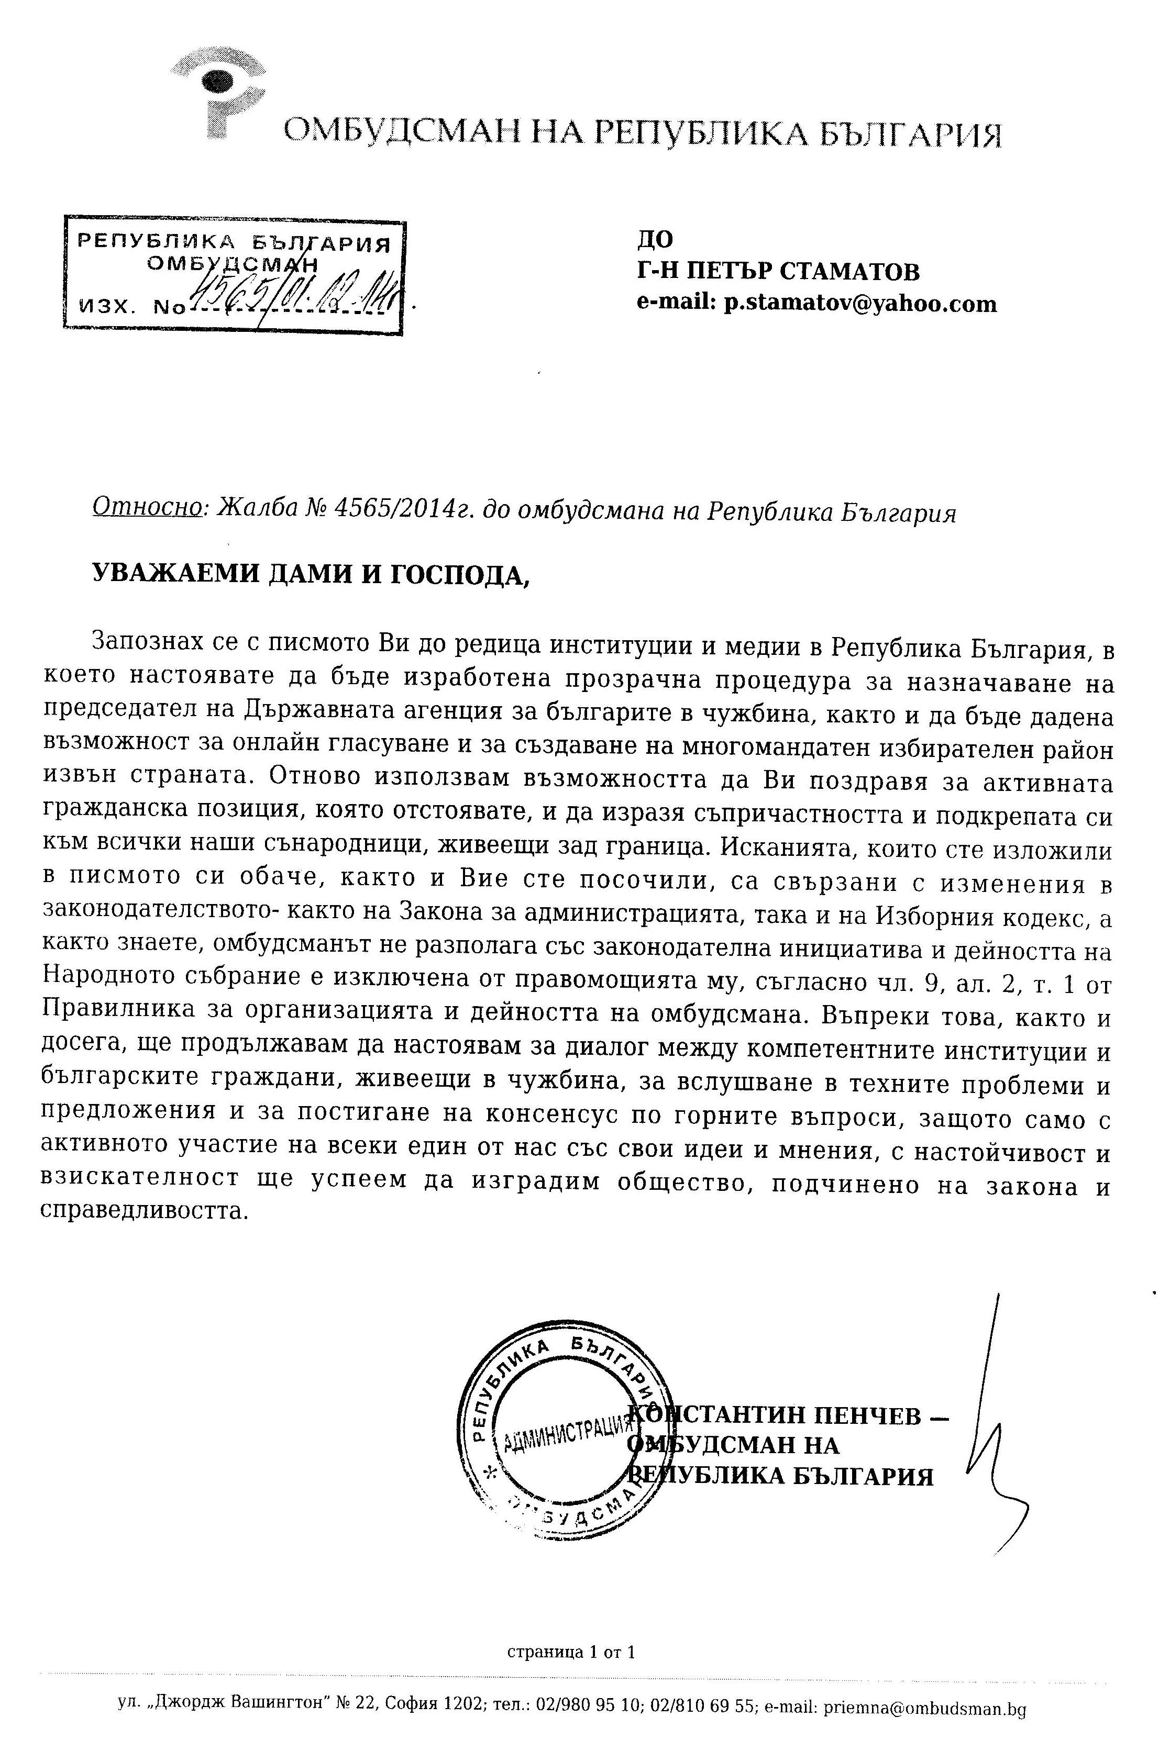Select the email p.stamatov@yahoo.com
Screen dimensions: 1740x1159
click(859, 304)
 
